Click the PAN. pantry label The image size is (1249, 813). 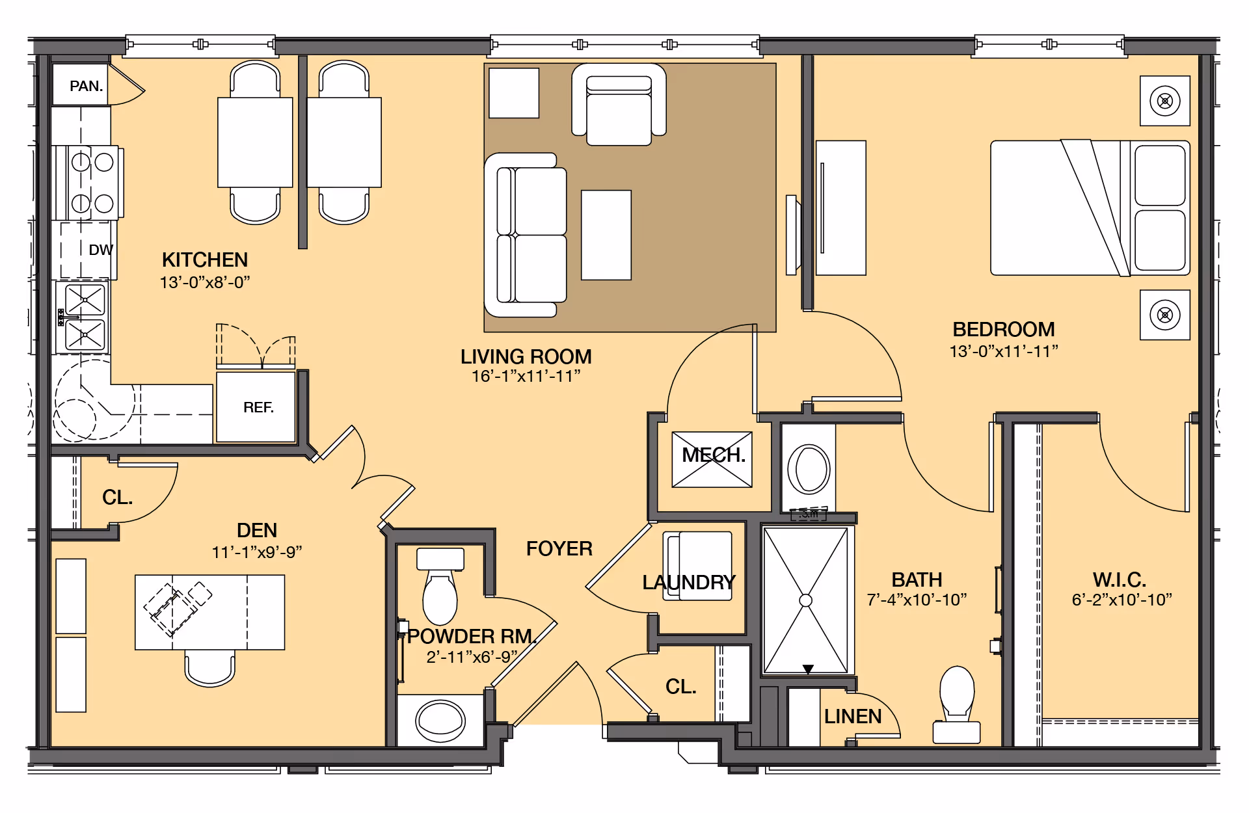pyautogui.click(x=86, y=86)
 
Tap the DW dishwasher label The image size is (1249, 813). pyautogui.click(x=101, y=250)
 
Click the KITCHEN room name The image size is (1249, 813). pyautogui.click(x=205, y=260)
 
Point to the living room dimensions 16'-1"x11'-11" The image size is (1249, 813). pyautogui.click(x=526, y=376)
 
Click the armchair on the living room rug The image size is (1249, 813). pyautogui.click(x=619, y=105)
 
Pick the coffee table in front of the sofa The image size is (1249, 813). pyautogui.click(x=606, y=235)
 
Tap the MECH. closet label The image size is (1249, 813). pyautogui.click(x=714, y=455)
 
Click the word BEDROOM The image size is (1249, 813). pyautogui.click(x=1004, y=329)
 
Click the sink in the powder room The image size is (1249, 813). pyautogui.click(x=440, y=721)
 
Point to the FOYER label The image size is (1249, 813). pyautogui.click(x=559, y=548)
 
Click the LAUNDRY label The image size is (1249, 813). pyautogui.click(x=689, y=582)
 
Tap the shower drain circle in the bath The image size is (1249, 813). pyautogui.click(x=806, y=600)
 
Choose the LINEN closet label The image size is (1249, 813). pyautogui.click(x=853, y=716)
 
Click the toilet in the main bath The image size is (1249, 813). pyautogui.click(x=957, y=704)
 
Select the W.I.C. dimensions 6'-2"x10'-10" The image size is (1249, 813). pyautogui.click(x=1121, y=600)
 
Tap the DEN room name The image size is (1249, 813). pyautogui.click(x=257, y=530)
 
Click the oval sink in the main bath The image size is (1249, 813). pyautogui.click(x=809, y=469)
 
